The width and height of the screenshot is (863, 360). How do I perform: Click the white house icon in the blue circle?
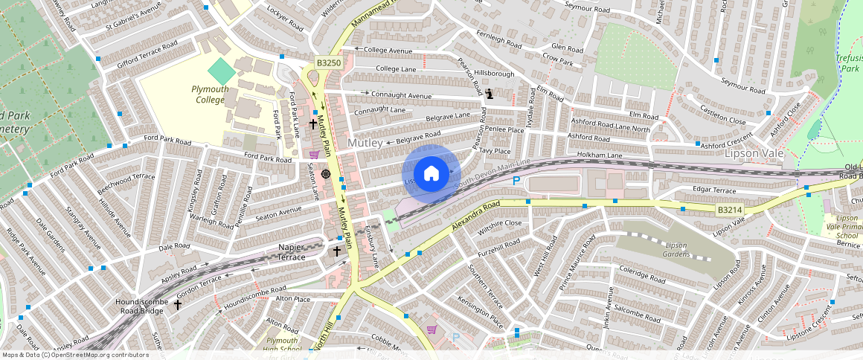tap(431, 174)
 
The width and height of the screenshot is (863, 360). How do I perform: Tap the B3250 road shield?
tap(328, 64)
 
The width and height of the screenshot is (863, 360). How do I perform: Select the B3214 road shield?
tap(730, 210)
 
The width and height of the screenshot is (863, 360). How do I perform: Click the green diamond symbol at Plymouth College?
tap(221, 72)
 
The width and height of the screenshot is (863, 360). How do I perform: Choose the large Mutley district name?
tap(365, 143)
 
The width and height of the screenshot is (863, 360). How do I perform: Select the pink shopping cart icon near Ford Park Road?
tap(315, 155)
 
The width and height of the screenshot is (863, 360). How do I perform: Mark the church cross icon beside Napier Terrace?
tap(336, 251)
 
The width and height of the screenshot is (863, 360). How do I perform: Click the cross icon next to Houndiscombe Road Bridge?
tap(178, 304)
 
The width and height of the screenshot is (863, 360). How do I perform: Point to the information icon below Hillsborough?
tap(489, 93)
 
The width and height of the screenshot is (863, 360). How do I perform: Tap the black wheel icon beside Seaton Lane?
tap(325, 173)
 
